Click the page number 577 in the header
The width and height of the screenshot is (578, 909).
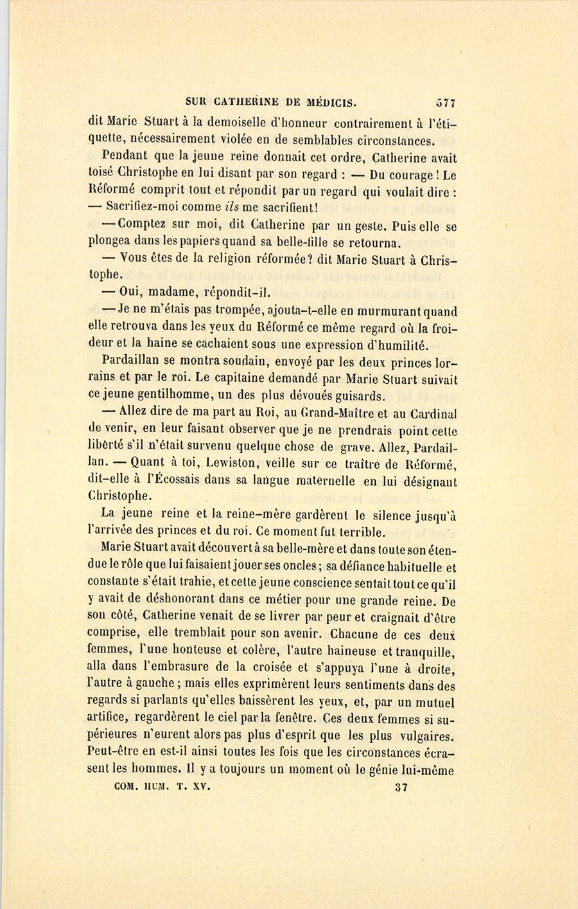click(x=445, y=102)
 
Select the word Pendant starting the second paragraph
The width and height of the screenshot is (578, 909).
click(x=125, y=156)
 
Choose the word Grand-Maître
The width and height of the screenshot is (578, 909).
click(x=337, y=413)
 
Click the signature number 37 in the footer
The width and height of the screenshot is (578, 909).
click(x=401, y=787)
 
